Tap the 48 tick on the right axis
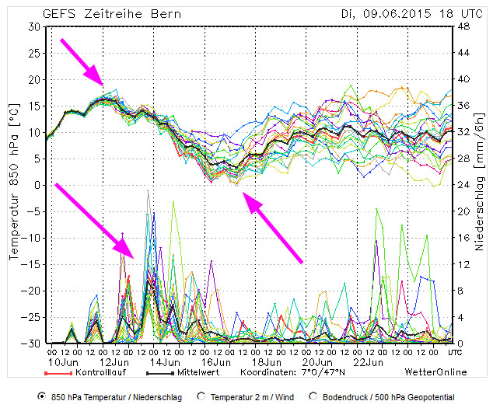click(x=464, y=26)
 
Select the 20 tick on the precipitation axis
click(x=464, y=211)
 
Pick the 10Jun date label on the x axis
click(x=61, y=362)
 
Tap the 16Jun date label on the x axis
click(x=213, y=362)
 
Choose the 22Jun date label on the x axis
click(x=365, y=362)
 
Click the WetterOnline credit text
click(x=435, y=372)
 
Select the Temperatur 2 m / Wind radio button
click(x=202, y=396)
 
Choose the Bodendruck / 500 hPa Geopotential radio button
click(x=313, y=396)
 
